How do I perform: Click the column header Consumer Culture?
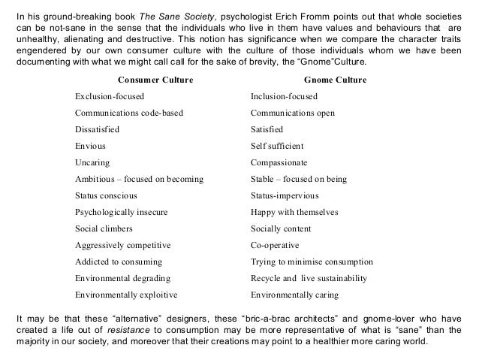click(x=155, y=80)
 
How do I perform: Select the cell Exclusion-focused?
click(x=110, y=97)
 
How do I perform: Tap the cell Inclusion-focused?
click(x=284, y=97)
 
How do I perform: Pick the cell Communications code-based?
click(x=128, y=113)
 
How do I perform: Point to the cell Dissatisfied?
click(x=97, y=130)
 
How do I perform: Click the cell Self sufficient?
click(x=279, y=147)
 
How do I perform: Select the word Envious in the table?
click(x=91, y=147)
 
